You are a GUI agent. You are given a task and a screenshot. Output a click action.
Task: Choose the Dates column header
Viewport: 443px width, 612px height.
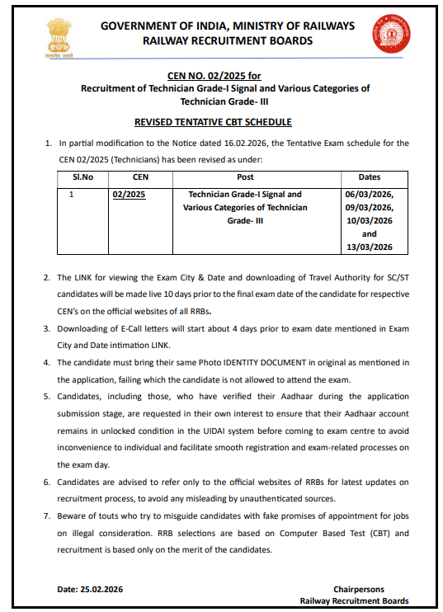(x=369, y=177)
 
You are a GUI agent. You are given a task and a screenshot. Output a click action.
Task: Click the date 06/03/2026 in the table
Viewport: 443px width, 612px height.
(x=369, y=195)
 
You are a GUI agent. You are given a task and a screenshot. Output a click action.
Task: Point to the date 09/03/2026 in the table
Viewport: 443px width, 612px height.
(x=369, y=208)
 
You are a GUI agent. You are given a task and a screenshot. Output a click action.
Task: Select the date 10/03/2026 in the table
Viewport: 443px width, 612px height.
(x=369, y=221)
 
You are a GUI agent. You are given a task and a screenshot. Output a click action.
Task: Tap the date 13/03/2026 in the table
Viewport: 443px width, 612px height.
(x=369, y=247)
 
